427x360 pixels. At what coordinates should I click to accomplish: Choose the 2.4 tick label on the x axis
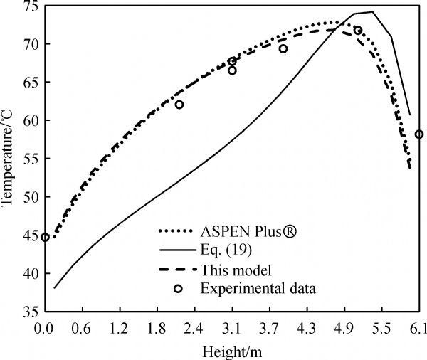click(194, 329)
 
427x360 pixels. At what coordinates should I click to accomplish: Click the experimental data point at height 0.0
click(45, 238)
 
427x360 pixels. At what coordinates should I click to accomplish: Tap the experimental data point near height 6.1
click(419, 134)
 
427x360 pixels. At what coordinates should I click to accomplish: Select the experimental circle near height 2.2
click(179, 105)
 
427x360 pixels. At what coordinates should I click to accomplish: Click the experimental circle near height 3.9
click(283, 49)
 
